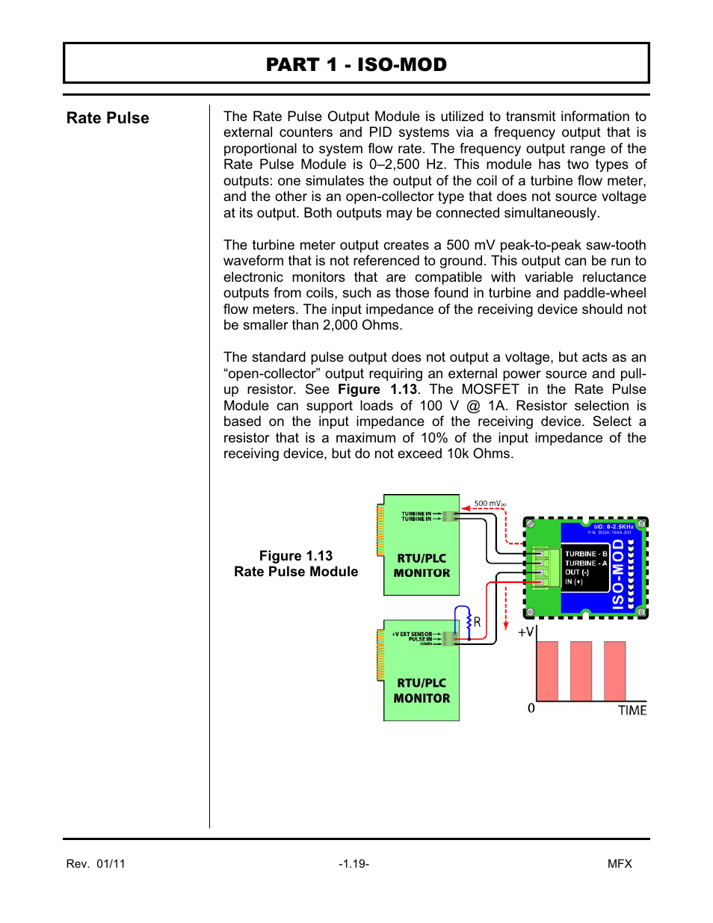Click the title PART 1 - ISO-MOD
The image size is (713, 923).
click(x=356, y=64)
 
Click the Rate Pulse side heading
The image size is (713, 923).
click(x=108, y=118)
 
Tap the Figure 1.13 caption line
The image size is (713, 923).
click(x=296, y=556)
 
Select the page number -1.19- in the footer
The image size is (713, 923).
click(x=354, y=864)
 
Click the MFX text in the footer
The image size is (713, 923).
click(x=620, y=864)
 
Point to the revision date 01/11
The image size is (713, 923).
click(x=111, y=864)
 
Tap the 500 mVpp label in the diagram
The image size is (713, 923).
click(x=490, y=504)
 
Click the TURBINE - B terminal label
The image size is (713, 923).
click(x=585, y=554)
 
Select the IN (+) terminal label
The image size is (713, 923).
click(x=574, y=581)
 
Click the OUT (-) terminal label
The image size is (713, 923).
click(x=577, y=572)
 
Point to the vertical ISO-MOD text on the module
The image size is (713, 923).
click(x=618, y=575)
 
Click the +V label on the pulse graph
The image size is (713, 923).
click(x=526, y=632)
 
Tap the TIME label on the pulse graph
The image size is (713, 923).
click(x=632, y=710)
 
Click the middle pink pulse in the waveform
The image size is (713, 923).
click(x=581, y=670)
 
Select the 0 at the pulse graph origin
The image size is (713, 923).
click(x=531, y=708)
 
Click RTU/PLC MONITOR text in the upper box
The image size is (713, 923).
click(x=422, y=566)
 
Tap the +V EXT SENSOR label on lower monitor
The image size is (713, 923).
click(x=412, y=634)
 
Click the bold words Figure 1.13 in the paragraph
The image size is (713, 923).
click(x=377, y=389)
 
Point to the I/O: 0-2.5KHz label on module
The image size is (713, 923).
click(x=613, y=527)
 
